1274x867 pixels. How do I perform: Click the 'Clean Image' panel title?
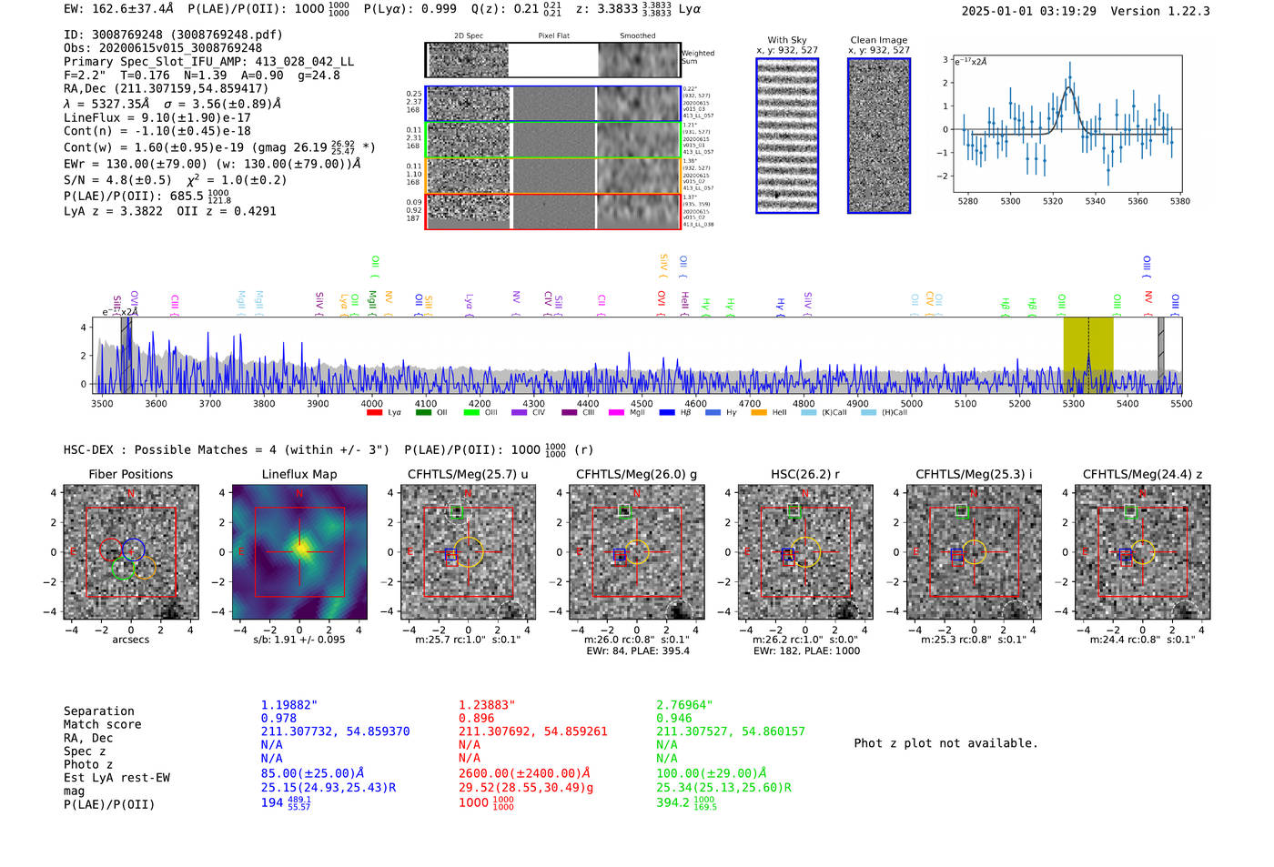click(x=878, y=40)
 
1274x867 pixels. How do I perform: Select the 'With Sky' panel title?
click(x=786, y=40)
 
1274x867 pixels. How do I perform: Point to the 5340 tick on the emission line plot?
click(x=1095, y=201)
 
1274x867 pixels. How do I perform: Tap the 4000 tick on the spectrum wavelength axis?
click(x=371, y=403)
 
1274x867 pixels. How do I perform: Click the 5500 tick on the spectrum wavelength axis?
click(x=1181, y=403)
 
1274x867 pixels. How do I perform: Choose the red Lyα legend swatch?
click(x=374, y=413)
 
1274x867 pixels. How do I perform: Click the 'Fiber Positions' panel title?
click(x=130, y=474)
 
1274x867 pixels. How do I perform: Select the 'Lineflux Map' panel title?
click(x=298, y=474)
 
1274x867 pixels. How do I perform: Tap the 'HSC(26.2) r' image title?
click(x=804, y=474)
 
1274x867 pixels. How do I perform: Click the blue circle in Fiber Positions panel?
click(x=133, y=549)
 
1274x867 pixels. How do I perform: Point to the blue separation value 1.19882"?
click(x=288, y=705)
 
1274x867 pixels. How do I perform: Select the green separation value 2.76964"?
click(x=684, y=705)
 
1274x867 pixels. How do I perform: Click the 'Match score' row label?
click(x=102, y=724)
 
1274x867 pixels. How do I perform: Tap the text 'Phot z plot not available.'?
click(x=945, y=743)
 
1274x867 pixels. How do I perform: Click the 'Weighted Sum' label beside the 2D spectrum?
click(x=698, y=57)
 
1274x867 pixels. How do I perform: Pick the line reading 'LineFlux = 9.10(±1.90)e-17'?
click(x=157, y=117)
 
